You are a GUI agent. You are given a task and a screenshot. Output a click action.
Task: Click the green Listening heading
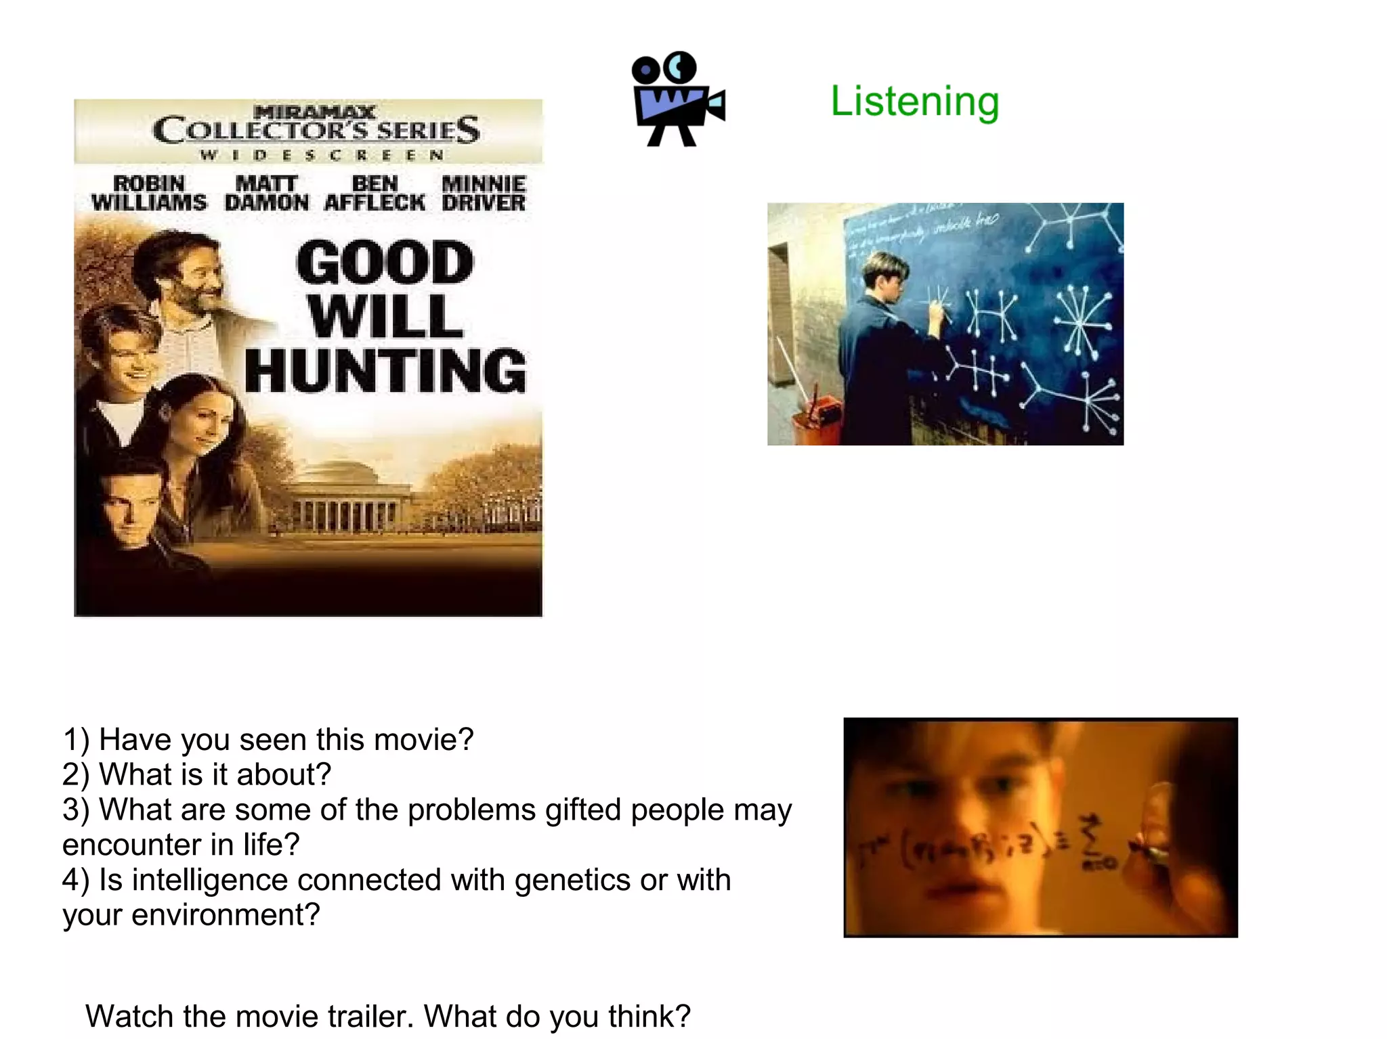pos(914,102)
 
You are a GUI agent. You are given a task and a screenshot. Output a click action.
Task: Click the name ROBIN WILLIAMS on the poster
pos(149,193)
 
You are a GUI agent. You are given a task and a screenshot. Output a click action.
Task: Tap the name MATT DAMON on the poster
pos(266,193)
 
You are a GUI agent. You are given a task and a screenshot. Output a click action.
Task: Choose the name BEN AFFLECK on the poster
pos(375,193)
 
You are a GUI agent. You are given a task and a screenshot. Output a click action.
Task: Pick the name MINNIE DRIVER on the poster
pos(484,193)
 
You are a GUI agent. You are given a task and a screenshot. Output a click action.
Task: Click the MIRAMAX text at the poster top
pos(315,111)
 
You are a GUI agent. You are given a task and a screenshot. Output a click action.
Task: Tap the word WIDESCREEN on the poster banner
pos(322,155)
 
